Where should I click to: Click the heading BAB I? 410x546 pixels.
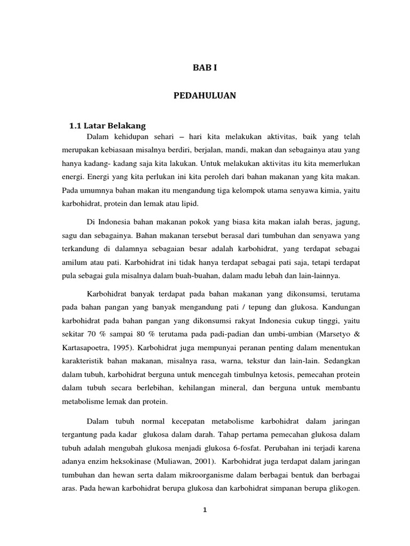(x=205, y=68)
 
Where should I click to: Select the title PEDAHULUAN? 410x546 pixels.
(x=204, y=96)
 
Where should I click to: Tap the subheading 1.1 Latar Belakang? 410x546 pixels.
(x=107, y=125)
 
